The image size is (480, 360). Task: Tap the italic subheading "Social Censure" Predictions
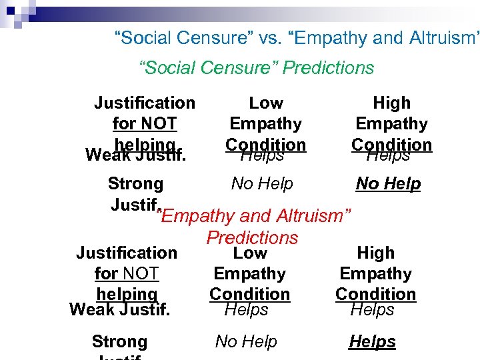[256, 67]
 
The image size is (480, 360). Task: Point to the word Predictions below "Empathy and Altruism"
[252, 237]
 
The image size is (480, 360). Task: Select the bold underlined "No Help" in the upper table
[388, 183]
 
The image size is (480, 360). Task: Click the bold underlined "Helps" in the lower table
[372, 341]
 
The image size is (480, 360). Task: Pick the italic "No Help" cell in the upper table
[262, 183]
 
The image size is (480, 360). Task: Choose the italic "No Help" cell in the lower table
[246, 341]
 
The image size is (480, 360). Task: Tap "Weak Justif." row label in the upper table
[135, 155]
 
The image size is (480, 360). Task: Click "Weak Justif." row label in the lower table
[119, 309]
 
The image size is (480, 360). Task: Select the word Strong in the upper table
[135, 183]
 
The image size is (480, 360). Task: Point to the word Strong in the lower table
[119, 341]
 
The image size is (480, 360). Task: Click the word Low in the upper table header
[265, 103]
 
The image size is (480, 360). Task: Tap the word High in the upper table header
[391, 103]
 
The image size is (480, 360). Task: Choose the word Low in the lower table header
[250, 253]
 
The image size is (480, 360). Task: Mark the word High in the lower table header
[376, 253]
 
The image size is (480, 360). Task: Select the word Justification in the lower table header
[127, 253]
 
